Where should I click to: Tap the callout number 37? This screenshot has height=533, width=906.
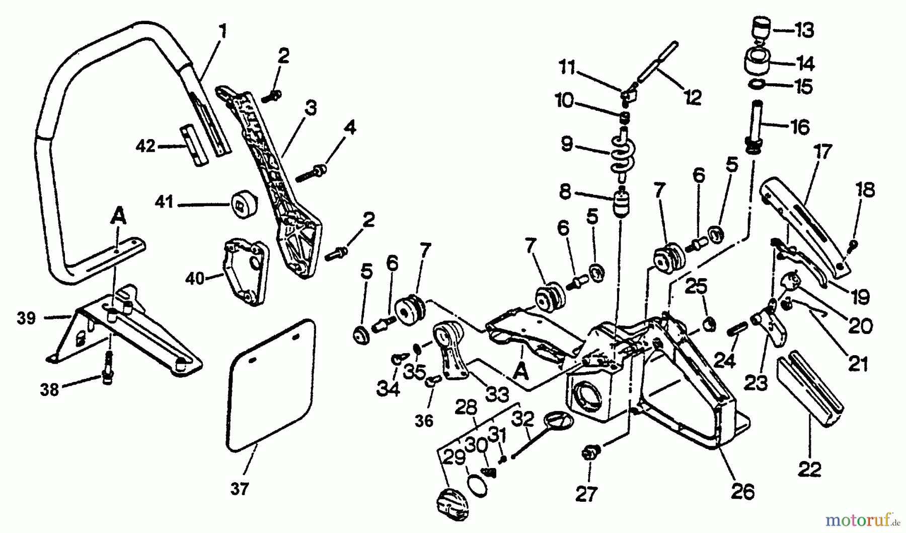click(240, 488)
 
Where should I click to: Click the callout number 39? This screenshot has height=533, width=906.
click(26, 318)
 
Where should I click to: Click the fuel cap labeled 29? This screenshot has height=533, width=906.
click(451, 502)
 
